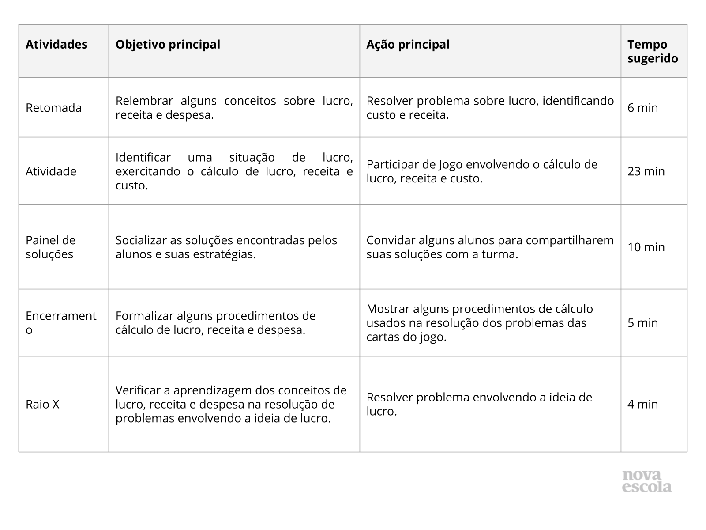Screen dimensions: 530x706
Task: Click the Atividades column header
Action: point(56,45)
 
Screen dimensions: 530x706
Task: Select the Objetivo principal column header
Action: point(168,45)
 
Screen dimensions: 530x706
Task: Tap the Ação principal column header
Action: point(408,45)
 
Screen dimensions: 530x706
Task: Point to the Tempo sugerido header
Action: point(653,51)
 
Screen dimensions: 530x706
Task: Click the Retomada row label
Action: point(53,108)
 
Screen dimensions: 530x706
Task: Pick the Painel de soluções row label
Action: point(50,247)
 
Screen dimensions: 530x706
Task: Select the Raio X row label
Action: point(42,404)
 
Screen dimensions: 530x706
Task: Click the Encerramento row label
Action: point(61,322)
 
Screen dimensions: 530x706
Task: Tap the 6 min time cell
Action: point(642,108)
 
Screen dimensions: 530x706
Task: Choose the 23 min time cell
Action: point(646,171)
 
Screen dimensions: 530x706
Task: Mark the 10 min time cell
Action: point(646,247)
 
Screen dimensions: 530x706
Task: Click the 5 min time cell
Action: point(642,322)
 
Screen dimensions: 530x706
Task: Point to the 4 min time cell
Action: point(642,404)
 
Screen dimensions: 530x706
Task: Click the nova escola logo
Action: point(647,481)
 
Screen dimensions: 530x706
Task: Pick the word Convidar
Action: point(391,240)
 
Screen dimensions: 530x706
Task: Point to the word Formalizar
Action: point(144,316)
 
